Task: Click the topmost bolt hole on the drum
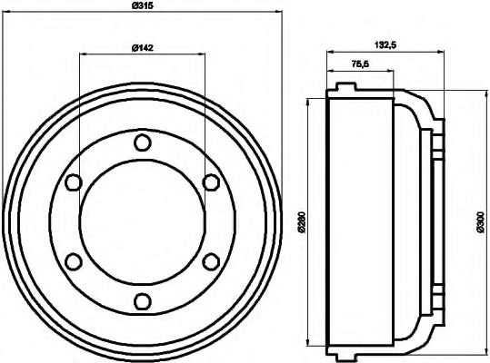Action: (x=142, y=142)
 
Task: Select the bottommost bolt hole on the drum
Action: (x=142, y=302)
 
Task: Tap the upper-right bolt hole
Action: (x=211, y=182)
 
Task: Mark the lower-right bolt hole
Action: (x=211, y=262)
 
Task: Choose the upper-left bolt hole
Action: (x=72, y=182)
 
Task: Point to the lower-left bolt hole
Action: (x=72, y=262)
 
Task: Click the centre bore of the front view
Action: (x=142, y=222)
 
